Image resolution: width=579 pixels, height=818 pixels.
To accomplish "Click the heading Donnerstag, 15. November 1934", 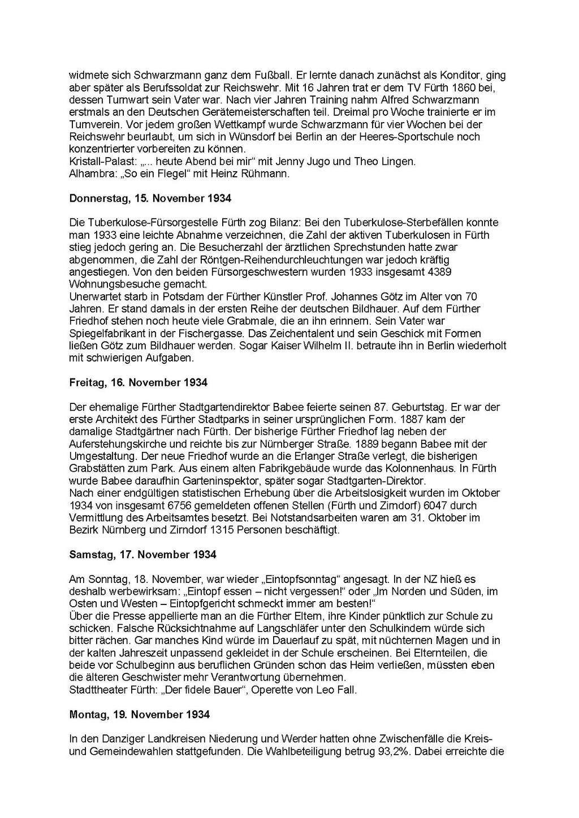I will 150,198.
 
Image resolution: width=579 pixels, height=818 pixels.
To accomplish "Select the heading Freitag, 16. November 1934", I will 138,382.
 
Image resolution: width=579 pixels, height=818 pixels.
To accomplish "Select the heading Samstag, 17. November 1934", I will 142,555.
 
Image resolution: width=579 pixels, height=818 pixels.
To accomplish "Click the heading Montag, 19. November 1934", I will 139,715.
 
